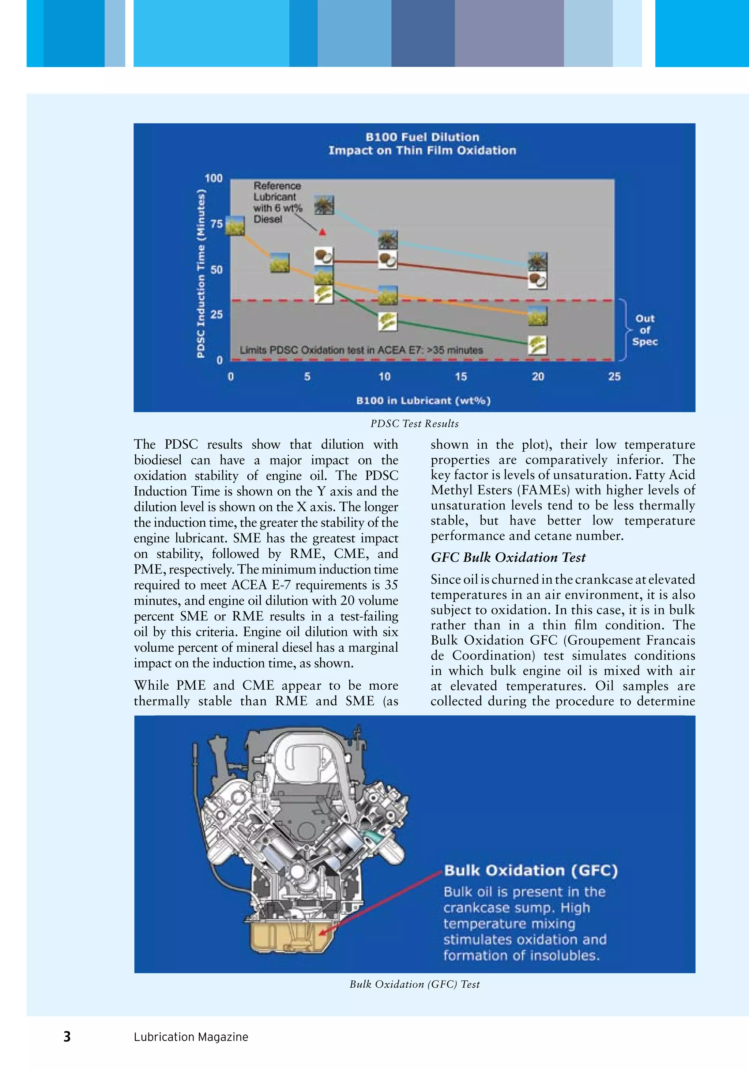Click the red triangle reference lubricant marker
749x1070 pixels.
(x=322, y=231)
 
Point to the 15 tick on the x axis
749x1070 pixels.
(x=460, y=377)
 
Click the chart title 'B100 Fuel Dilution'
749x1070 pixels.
(x=422, y=137)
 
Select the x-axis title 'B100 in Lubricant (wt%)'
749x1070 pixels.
(x=423, y=401)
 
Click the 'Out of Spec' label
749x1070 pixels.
(x=645, y=330)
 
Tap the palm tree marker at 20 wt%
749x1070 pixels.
(x=537, y=262)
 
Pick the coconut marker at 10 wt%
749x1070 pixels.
(x=387, y=260)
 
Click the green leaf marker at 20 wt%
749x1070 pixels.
(x=537, y=345)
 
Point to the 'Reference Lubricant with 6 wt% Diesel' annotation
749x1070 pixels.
(x=277, y=202)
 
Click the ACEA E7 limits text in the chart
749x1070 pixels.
(x=361, y=350)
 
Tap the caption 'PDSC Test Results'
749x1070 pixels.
(x=414, y=423)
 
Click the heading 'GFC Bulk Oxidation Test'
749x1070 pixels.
(x=508, y=557)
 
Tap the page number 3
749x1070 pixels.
(x=67, y=1036)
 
